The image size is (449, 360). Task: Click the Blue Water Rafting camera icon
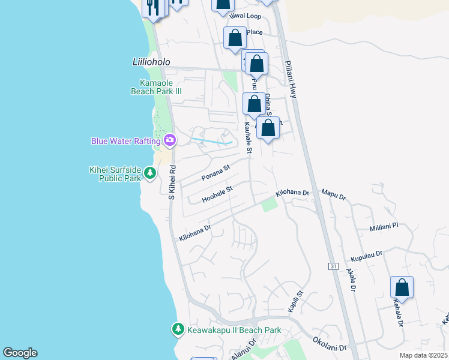pyautogui.click(x=170, y=140)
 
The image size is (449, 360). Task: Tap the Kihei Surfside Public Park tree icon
pyautogui.click(x=149, y=174)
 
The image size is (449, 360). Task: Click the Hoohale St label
pyautogui.click(x=217, y=193)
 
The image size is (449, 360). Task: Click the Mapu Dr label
pyautogui.click(x=334, y=196)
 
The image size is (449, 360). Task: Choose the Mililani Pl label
pyautogui.click(x=384, y=227)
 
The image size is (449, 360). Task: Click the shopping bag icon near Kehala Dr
pyautogui.click(x=402, y=287)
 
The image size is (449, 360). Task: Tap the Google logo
pyautogui.click(x=20, y=353)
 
